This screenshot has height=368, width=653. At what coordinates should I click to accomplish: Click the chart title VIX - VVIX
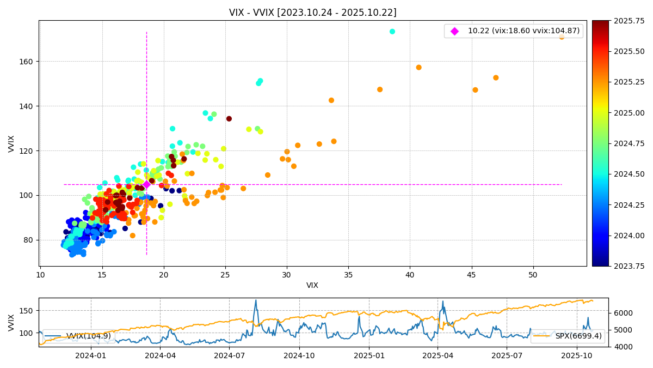pyautogui.click(x=312, y=13)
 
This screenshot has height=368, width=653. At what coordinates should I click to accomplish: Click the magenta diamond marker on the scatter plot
pyautogui.click(x=146, y=184)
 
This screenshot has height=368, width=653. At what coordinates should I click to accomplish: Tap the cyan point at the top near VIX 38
pyautogui.click(x=392, y=32)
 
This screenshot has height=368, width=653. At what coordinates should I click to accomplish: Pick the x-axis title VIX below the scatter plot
pyautogui.click(x=312, y=286)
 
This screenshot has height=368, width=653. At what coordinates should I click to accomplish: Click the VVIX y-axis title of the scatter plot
pyautogui.click(x=11, y=143)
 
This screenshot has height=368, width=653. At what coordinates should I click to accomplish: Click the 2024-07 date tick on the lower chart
pyautogui.click(x=229, y=355)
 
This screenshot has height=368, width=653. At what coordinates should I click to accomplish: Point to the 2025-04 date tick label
pyautogui.click(x=438, y=355)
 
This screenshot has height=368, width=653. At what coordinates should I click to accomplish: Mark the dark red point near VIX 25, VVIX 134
pyautogui.click(x=229, y=119)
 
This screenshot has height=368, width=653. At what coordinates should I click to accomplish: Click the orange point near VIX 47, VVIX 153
pyautogui.click(x=496, y=78)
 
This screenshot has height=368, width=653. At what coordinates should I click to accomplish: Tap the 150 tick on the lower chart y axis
pyautogui.click(x=27, y=311)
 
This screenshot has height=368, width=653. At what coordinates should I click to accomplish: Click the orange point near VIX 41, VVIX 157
pyautogui.click(x=418, y=68)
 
